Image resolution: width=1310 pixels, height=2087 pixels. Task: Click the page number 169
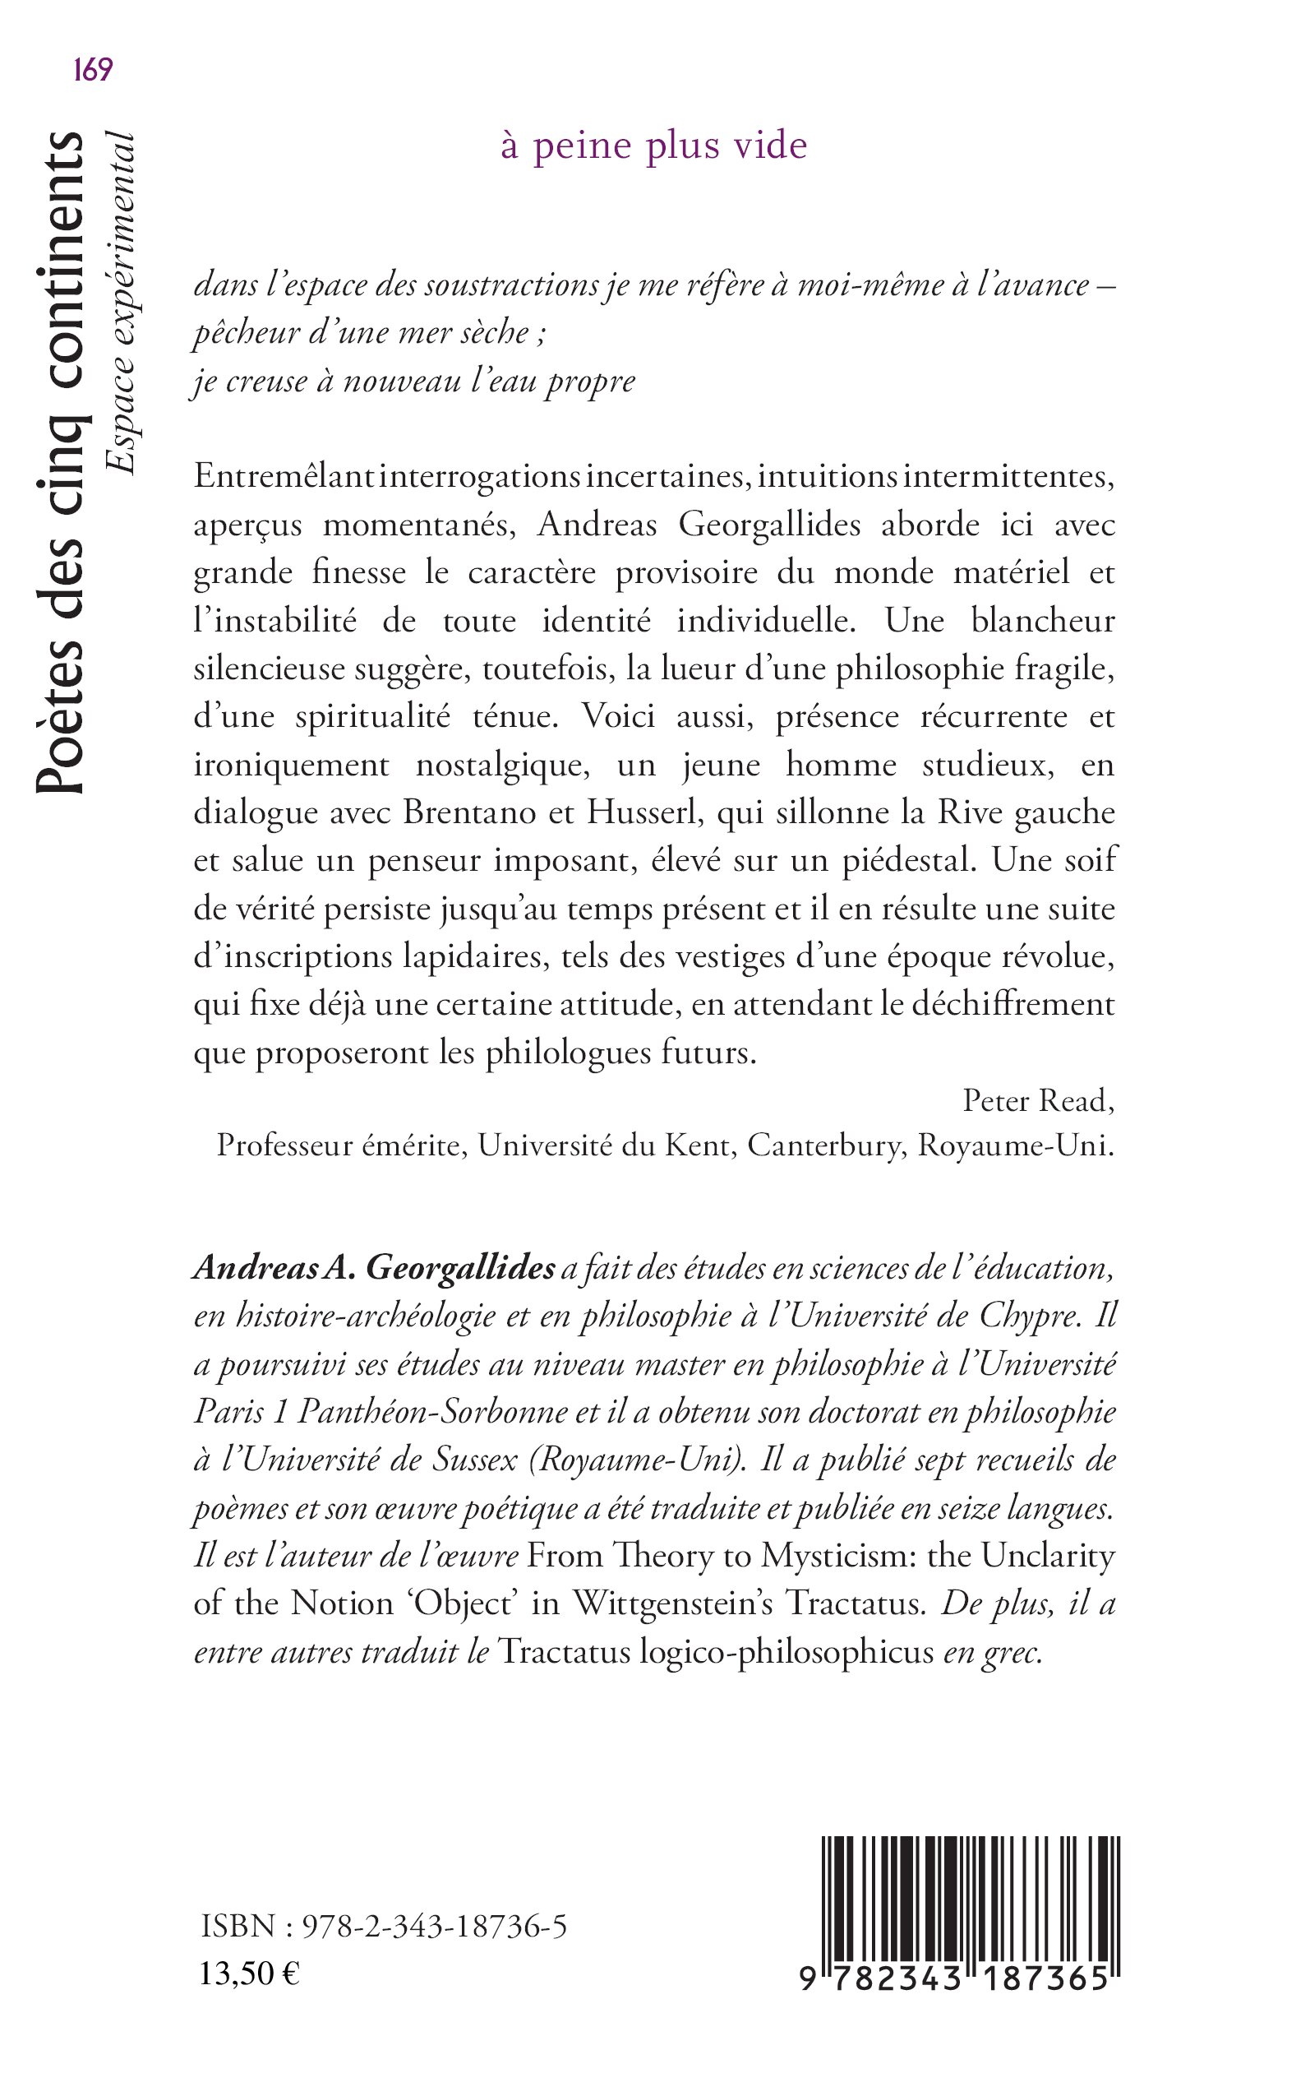93,69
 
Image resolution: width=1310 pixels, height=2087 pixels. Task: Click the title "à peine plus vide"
653,146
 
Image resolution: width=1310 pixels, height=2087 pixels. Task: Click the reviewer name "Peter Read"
1037,1101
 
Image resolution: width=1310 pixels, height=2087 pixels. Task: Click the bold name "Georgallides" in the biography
460,1268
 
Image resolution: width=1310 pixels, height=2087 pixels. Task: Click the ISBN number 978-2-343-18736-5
433,1927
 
